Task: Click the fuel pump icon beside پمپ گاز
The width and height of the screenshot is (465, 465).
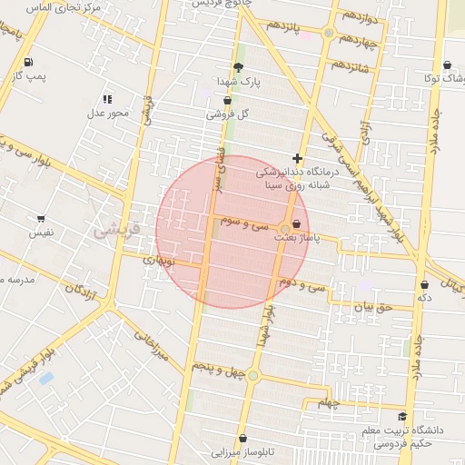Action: [x=29, y=63]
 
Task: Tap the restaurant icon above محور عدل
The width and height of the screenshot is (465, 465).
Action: [x=107, y=99]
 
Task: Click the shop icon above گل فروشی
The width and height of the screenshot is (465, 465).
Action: [x=227, y=100]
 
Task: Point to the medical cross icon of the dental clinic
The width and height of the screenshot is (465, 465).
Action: [x=297, y=157]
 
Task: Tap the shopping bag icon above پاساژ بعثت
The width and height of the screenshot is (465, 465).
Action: [x=296, y=223]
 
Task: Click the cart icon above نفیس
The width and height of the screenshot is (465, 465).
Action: [x=41, y=218]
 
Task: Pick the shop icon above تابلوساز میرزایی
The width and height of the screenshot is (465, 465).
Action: [x=242, y=438]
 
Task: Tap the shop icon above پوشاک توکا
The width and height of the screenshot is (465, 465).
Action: [x=448, y=65]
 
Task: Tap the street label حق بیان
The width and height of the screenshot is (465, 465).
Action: [x=372, y=307]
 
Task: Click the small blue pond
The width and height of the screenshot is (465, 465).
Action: [x=46, y=377]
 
